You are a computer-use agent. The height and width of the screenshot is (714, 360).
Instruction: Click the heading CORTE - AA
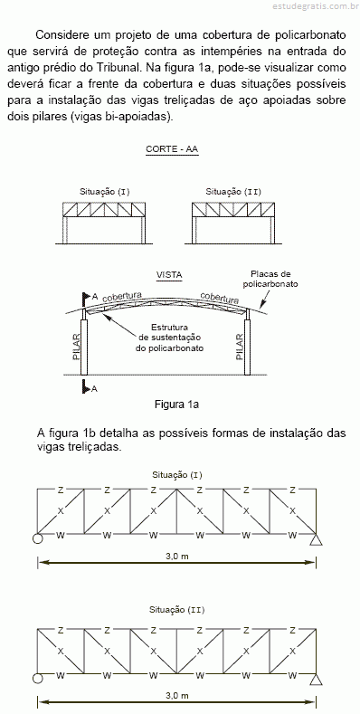coord(172,149)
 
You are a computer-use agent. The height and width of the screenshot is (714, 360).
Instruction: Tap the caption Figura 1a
coord(176,404)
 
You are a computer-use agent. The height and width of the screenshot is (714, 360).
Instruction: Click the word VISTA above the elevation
coord(169,275)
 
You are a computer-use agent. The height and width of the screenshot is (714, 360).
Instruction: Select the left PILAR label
coord(77,347)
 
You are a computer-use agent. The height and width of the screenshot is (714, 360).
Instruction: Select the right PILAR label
coord(240,347)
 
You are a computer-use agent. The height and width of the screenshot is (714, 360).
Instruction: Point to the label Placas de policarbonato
coord(270,279)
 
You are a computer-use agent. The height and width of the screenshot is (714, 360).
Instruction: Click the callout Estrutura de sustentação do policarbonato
coord(169,338)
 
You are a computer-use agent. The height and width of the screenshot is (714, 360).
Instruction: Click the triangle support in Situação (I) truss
coord(317,539)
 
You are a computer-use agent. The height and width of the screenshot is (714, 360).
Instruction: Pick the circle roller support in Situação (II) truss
coord(37,679)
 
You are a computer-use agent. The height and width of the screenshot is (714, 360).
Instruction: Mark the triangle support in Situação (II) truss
coord(317,680)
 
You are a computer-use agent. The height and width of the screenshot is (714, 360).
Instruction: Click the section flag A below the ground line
coord(90,387)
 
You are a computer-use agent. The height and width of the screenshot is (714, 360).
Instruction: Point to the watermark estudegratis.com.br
coord(314,6)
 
